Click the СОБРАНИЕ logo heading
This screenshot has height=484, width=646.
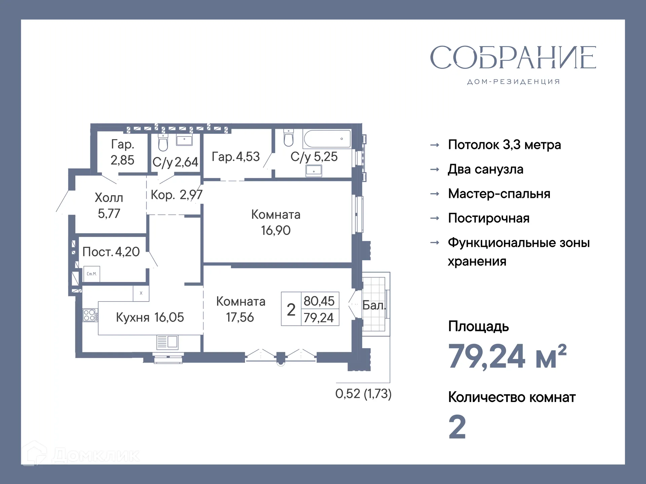(513, 57)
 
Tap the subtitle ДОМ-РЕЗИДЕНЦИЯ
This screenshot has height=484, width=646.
(513, 82)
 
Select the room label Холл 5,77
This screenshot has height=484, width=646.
(109, 205)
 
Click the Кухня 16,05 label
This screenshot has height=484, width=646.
(150, 317)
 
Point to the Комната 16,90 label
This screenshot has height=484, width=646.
(276, 222)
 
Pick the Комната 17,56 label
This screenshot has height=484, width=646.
(240, 309)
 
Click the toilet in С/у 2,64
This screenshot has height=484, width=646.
(163, 143)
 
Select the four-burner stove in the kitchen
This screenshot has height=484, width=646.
(90, 315)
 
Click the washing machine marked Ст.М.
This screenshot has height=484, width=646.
(92, 274)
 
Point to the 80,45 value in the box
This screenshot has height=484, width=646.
(319, 301)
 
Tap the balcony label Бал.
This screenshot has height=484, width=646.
(374, 305)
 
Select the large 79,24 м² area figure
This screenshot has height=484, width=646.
(507, 356)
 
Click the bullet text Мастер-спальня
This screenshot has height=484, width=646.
(499, 194)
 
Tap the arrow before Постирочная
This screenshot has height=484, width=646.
(435, 218)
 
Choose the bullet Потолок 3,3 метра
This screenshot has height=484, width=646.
(504, 145)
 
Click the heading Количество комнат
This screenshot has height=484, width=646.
(511, 397)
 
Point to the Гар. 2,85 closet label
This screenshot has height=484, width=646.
(122, 152)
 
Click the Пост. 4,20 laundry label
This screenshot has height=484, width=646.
(111, 252)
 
